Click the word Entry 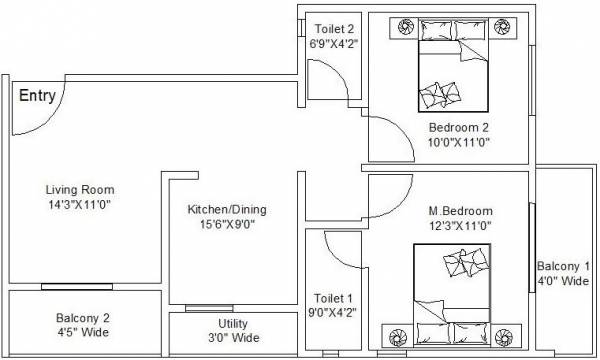click(36, 97)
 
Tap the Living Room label click(80, 189)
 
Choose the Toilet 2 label click(334, 29)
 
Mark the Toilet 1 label click(334, 297)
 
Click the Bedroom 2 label click(458, 128)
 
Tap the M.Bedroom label click(460, 211)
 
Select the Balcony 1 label click(562, 266)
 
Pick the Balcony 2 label click(83, 319)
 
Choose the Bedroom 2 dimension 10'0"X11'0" click(458, 143)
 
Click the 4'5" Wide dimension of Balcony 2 click(83, 334)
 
